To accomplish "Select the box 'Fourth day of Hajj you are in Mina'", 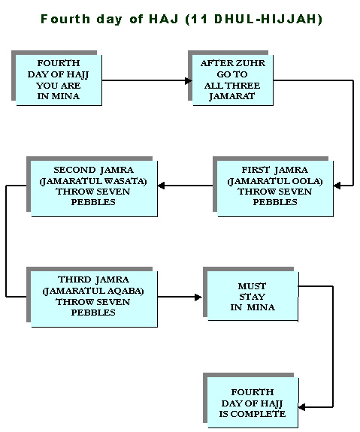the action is (x=59, y=80).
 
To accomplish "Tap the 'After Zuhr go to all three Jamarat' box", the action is (x=233, y=80).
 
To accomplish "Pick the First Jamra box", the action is (x=275, y=189).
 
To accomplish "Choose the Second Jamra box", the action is (x=94, y=189).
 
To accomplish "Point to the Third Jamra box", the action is (x=94, y=299).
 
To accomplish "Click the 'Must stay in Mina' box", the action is (x=253, y=296).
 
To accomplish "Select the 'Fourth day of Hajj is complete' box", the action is (x=253, y=402).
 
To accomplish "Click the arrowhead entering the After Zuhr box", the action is (x=189, y=80).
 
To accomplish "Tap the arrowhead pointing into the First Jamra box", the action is (x=337, y=186).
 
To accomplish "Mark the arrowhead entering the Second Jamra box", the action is (x=161, y=186).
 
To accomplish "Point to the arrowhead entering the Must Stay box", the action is (x=198, y=298).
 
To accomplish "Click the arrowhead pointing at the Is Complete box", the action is (x=302, y=407).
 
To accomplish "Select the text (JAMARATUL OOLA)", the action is (x=275, y=181).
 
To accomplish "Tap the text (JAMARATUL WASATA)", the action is (x=93, y=181).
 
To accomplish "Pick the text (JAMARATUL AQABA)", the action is (x=93, y=292).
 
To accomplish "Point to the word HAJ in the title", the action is (x=164, y=20).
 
